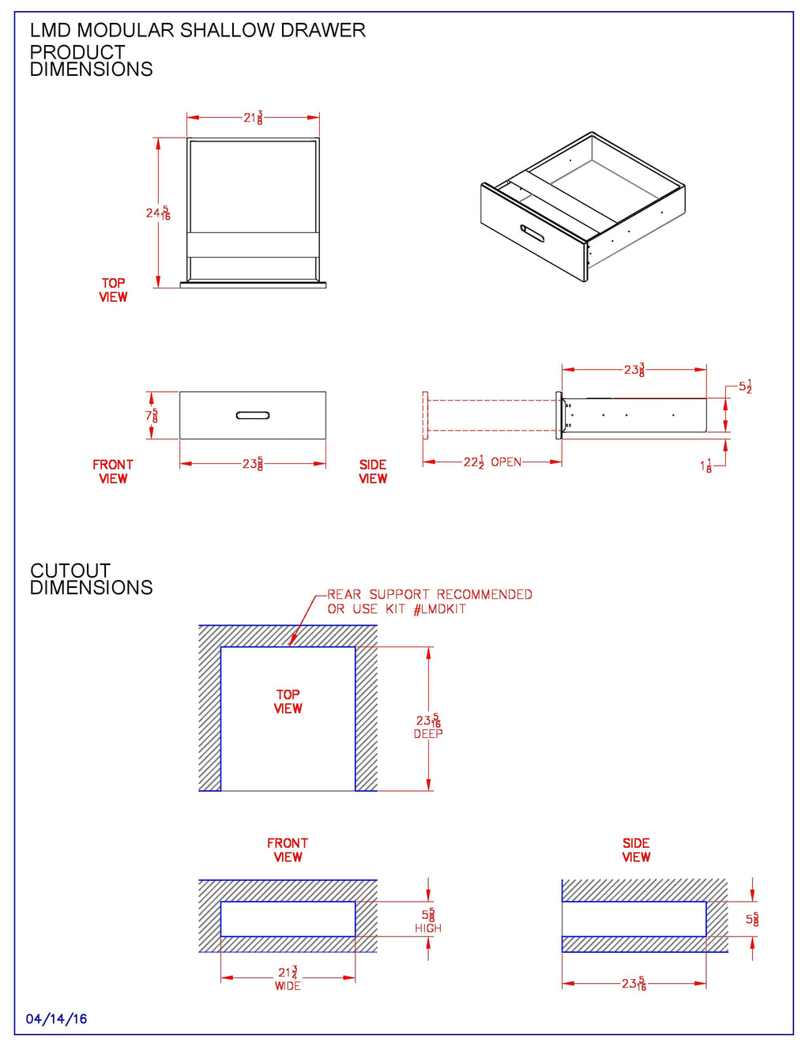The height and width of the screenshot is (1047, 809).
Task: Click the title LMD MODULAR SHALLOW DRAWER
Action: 198,31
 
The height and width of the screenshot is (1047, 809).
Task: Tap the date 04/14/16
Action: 56,1019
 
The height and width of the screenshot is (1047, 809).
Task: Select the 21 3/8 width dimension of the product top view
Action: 253,118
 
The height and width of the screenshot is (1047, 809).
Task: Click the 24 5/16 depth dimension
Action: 158,213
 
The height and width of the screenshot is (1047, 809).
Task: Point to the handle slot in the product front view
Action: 253,416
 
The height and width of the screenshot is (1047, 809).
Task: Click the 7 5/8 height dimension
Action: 152,416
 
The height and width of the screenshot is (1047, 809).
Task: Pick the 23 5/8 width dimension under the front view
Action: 253,464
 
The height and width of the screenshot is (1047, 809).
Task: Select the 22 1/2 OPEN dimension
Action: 491,462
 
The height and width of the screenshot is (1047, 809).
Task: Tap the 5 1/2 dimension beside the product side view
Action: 745,387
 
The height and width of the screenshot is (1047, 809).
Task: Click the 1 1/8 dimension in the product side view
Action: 706,466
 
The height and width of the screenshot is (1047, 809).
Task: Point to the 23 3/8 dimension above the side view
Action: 634,370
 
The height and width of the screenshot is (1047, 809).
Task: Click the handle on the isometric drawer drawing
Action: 532,233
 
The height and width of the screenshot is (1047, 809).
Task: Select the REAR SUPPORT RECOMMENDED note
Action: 430,594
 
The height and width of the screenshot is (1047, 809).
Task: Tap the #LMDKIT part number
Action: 439,609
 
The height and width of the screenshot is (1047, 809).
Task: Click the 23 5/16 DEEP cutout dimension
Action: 428,725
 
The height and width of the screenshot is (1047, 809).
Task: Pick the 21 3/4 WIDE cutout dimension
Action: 288,977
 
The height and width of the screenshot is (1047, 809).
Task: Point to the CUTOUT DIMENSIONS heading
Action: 91,579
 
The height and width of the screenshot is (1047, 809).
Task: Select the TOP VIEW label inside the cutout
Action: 288,702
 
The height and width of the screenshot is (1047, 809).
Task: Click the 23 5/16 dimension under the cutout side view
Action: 634,984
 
